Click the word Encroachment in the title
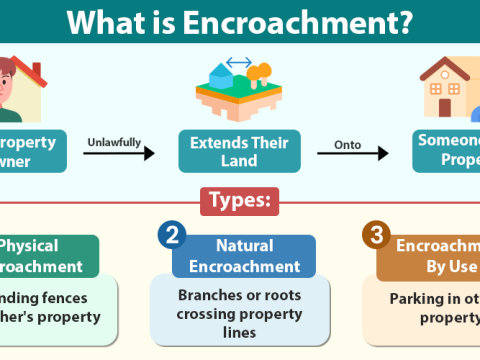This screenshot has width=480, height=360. [301, 22]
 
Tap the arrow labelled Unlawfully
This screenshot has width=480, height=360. [120, 154]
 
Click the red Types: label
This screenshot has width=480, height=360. [239, 201]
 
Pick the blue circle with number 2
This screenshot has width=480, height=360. [171, 236]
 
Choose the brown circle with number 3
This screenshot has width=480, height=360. [375, 236]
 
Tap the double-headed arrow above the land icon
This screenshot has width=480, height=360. [239, 62]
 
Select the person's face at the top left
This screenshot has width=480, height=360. [16, 80]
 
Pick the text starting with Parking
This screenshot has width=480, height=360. [435, 305]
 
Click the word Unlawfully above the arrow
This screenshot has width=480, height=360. [119, 141]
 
